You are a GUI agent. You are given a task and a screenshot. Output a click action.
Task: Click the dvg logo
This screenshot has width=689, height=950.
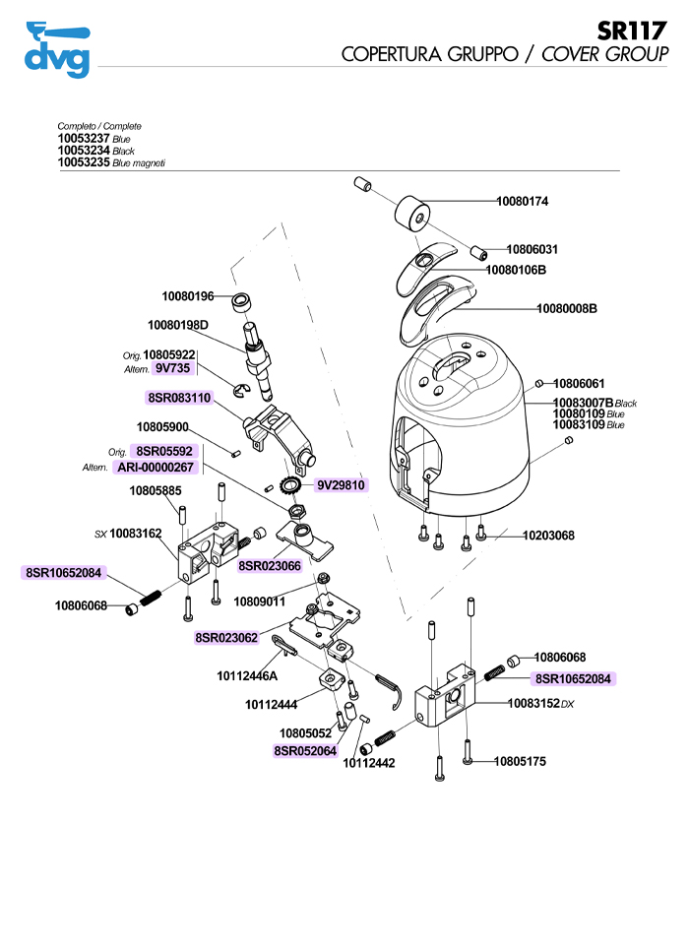coord(57,49)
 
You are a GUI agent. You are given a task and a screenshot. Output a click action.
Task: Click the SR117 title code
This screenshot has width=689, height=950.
coord(632,31)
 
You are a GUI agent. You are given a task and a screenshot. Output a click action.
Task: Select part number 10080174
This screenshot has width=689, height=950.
coord(523,201)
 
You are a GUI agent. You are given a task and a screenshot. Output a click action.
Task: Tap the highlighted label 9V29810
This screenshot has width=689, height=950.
coord(342,485)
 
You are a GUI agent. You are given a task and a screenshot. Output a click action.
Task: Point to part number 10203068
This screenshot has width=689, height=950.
coord(548,536)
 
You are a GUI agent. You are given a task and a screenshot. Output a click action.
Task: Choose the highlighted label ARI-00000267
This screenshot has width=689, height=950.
coord(156,467)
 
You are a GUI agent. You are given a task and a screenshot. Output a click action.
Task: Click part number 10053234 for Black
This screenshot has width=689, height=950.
coord(84,151)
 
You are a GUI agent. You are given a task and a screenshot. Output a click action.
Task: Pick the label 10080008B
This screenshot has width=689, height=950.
coord(567,309)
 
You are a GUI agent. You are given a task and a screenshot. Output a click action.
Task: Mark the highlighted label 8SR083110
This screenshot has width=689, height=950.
coord(179,398)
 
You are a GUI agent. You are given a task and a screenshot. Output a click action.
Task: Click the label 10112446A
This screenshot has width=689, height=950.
coord(247,676)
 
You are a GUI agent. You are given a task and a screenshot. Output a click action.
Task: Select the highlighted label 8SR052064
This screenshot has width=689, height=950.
coord(305,751)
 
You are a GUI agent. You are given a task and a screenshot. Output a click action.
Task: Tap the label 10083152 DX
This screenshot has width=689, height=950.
coord(540,704)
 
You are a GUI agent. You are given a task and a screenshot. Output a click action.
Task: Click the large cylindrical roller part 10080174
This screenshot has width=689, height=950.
coord(412,215)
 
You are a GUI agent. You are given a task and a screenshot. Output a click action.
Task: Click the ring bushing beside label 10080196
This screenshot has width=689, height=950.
coord(242,301)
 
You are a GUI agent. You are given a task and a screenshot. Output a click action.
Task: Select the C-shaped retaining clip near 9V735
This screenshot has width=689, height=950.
coord(240,392)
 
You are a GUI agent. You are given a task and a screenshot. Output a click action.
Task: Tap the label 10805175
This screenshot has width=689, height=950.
coord(520,762)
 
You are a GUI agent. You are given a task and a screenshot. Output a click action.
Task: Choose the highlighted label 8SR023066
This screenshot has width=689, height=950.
coord(270,566)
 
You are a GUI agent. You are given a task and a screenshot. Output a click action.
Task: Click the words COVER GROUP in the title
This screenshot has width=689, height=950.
coord(604,54)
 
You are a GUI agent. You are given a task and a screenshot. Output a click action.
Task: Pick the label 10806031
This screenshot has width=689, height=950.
coord(532,250)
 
